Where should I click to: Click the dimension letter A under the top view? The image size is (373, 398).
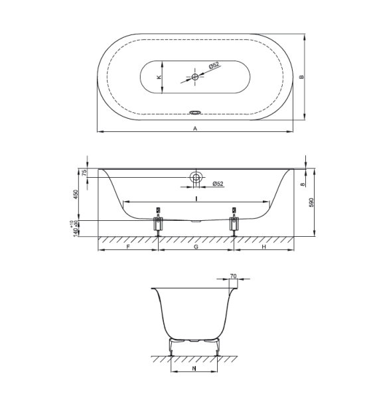pos(195,129)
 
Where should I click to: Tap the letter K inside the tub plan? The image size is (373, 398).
pos(158,78)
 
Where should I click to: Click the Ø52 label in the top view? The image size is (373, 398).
pos(214,65)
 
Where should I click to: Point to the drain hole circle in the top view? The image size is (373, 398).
pos(195,78)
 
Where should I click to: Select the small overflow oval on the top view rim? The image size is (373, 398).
pos(195,112)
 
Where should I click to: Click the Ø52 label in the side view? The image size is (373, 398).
pos(218,184)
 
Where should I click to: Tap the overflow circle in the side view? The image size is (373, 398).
pos(196,177)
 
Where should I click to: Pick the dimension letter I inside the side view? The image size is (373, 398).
pos(196,198)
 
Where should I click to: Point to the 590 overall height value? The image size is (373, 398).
pos(311,202)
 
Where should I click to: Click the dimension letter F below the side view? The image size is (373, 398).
pos(127,247)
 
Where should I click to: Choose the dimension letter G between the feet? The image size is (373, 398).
pos(196,247)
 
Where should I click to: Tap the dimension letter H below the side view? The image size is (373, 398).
pos(263,247)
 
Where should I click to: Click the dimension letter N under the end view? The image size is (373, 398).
pos(193,367)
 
